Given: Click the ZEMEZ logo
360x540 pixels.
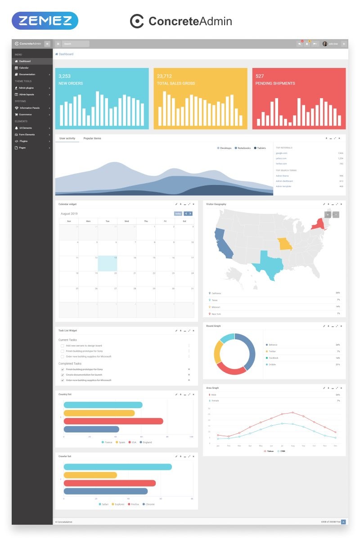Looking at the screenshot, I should (x=45, y=21).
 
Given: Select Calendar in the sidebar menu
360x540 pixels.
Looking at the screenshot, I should (x=23, y=67).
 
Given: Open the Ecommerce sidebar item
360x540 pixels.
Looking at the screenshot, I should (x=25, y=114).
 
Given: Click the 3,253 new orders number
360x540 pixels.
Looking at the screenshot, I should (x=64, y=76).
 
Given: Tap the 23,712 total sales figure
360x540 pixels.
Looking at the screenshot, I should (x=164, y=76).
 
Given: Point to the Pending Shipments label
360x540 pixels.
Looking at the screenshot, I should (x=275, y=83).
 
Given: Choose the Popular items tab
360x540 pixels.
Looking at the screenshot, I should (x=92, y=138).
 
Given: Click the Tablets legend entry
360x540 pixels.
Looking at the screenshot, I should (x=261, y=148).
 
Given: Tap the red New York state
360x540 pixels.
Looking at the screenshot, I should (x=318, y=224).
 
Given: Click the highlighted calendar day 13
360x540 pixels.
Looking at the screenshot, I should (x=108, y=263).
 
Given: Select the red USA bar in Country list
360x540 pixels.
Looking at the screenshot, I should (x=113, y=421).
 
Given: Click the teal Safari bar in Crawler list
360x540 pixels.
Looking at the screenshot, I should (x=117, y=467).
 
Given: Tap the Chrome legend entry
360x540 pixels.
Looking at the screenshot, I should (x=148, y=504).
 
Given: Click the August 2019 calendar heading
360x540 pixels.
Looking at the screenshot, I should (x=69, y=214).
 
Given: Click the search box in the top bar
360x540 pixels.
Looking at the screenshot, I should (x=76, y=44).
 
